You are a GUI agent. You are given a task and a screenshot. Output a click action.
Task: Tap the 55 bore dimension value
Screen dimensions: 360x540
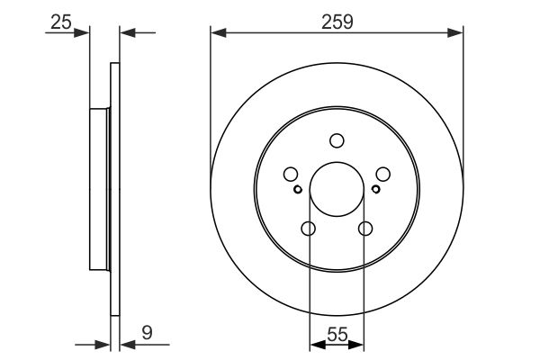coord(337,332)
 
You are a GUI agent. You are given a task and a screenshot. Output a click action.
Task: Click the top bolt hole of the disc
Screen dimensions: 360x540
coord(337,140)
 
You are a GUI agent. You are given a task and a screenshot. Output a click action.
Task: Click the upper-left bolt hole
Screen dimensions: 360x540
coord(291,175)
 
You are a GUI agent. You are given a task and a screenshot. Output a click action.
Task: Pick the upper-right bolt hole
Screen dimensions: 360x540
coord(382,175)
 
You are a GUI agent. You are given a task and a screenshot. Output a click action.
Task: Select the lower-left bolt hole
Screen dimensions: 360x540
coord(309,229)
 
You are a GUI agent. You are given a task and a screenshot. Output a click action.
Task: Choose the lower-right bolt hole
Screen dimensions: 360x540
coord(365,229)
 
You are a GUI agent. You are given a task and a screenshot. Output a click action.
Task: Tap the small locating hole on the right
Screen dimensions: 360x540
coord(375,189)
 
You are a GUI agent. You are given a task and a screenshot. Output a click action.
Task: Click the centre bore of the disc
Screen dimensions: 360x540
coord(337,190)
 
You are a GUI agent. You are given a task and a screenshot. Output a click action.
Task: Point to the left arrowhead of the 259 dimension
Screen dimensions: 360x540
coord(216,33)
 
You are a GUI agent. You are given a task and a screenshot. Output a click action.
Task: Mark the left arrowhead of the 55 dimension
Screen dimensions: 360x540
coord(314,343)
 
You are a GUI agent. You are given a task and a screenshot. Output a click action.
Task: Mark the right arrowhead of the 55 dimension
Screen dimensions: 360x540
coord(360,343)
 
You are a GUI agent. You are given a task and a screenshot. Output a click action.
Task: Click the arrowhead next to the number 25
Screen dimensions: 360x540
coord(85,33)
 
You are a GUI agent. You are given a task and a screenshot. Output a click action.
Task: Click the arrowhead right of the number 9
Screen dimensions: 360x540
coord(124,343)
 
